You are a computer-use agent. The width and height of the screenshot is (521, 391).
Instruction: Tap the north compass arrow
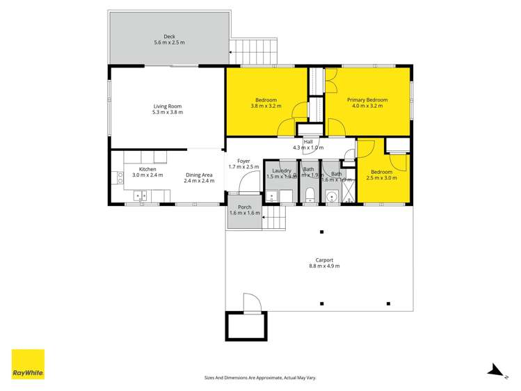coord(495,370)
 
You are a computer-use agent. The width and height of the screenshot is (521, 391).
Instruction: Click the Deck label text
coord(169,36)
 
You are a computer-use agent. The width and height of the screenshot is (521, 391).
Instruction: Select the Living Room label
coord(168,106)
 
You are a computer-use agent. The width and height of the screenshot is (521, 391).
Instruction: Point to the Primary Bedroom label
coord(367,100)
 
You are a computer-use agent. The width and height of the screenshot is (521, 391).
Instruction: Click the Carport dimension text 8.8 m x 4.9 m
coord(324,266)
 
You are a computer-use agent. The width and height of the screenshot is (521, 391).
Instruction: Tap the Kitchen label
coord(147,169)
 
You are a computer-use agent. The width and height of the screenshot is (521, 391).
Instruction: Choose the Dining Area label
coord(198,175)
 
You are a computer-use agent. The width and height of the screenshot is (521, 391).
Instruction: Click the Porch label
coord(244,207)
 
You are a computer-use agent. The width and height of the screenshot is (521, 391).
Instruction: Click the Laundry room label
coord(281,170)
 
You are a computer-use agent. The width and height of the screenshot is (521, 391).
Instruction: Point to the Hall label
coord(307,142)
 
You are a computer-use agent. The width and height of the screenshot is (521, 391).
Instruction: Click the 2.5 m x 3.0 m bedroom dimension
coord(383,178)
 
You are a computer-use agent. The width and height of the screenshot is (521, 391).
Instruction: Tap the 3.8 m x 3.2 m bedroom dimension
coord(266,106)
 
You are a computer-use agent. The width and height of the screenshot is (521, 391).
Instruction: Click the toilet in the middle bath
coord(310,194)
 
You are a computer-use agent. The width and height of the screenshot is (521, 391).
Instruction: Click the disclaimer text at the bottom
coord(259,378)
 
